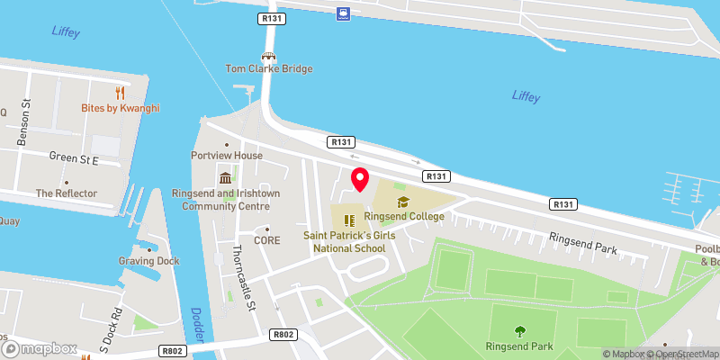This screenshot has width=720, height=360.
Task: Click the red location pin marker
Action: coord(359,179)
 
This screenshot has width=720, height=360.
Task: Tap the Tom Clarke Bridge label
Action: coord(268,69)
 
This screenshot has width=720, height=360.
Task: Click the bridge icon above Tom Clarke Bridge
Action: coord(268,55)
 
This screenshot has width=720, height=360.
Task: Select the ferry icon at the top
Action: coord(344,13)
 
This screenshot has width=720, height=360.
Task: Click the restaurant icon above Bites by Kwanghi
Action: coord(120,93)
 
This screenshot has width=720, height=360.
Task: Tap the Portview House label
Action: coord(233,156)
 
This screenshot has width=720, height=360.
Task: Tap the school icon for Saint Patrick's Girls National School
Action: coord(348,219)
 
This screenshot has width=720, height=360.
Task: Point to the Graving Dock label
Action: coord(148,261)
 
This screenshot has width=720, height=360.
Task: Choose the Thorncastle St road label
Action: coord(241,279)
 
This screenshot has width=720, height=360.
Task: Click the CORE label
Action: coord(267,240)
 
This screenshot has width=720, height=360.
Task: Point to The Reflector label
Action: coord(61,193)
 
